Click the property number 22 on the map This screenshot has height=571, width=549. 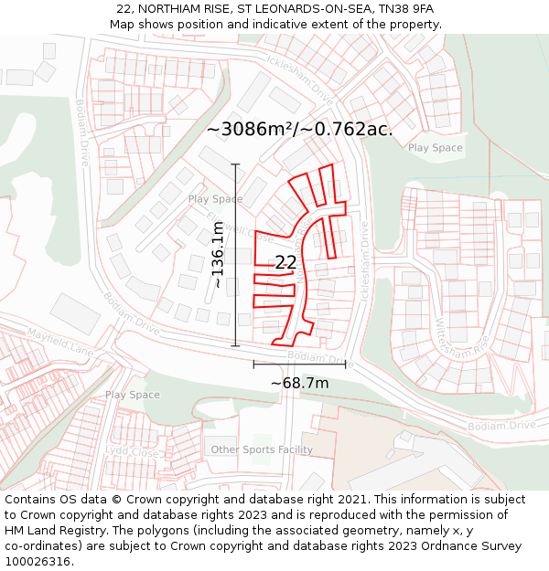(x=285, y=262)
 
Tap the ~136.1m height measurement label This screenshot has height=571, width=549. (x=218, y=260)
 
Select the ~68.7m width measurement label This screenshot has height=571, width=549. (x=299, y=383)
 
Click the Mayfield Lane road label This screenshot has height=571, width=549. (x=60, y=344)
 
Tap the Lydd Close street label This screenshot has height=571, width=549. (x=132, y=451)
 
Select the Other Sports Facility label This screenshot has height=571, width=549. (x=262, y=449)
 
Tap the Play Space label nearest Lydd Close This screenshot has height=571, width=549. (x=132, y=395)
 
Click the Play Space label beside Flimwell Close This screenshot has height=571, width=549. (x=215, y=199)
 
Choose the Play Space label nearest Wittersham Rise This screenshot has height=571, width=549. (x=436, y=148)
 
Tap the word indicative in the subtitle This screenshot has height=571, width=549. (x=264, y=25)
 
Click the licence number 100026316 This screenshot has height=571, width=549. (x=39, y=561)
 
